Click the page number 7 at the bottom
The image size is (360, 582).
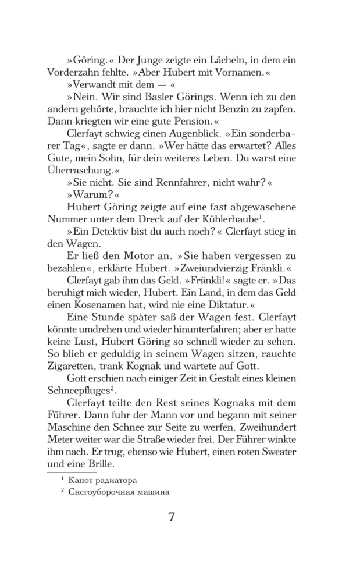172,517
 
